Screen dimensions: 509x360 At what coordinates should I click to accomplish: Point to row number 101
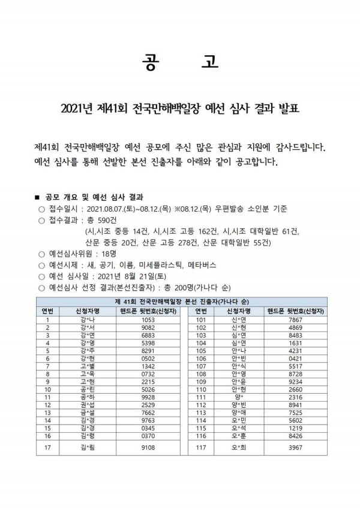(x=201, y=321)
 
